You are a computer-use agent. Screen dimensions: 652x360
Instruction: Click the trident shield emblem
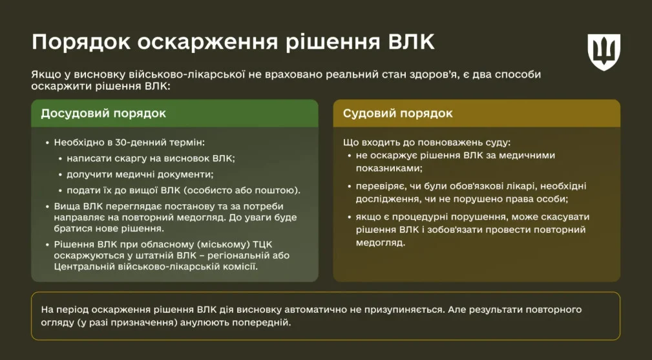(x=604, y=52)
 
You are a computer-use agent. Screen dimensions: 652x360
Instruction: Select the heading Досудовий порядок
(x=103, y=114)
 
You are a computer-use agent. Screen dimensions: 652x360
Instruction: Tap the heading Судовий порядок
(x=398, y=114)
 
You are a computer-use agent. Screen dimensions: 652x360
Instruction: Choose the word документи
(x=185, y=175)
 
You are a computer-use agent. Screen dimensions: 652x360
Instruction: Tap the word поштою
(x=280, y=191)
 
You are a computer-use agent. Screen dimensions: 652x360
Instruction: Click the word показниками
(x=389, y=169)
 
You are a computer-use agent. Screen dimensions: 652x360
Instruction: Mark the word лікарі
(x=521, y=186)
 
